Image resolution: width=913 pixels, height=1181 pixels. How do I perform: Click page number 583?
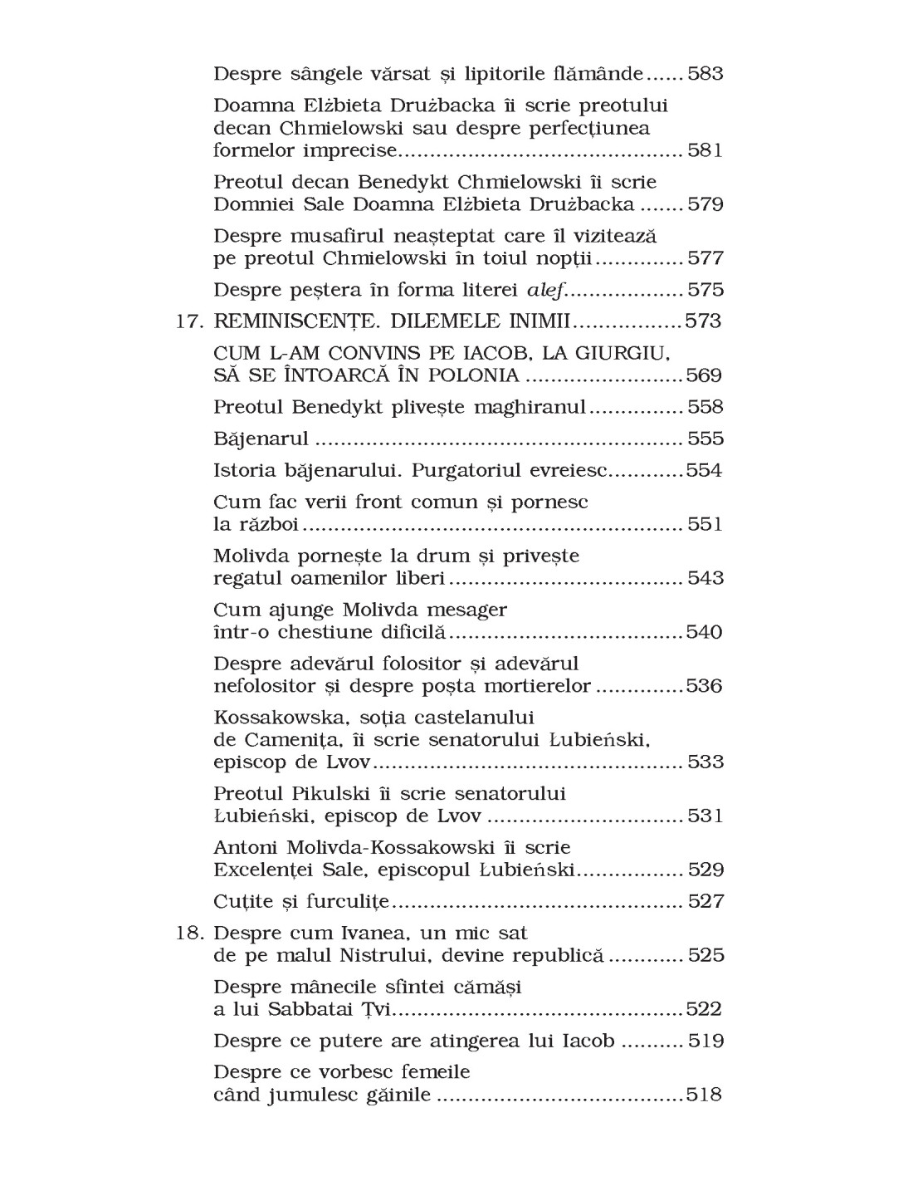[705, 74]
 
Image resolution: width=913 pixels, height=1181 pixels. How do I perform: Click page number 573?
[702, 321]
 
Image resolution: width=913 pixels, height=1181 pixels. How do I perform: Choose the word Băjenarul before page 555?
[261, 439]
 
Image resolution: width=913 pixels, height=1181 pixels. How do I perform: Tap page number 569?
[704, 375]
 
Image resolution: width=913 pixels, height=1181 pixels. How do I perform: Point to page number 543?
[705, 578]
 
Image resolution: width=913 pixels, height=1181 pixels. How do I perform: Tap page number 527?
[705, 901]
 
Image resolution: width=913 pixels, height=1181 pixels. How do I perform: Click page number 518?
[704, 1095]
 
